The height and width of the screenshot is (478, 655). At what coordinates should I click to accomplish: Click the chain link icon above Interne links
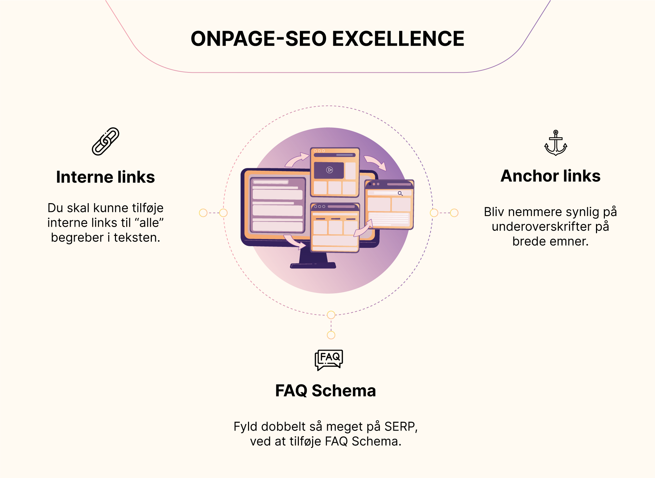click(105, 141)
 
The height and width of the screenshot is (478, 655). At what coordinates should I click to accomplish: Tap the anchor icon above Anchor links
click(556, 143)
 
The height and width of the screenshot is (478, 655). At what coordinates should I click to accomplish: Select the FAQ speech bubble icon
click(329, 360)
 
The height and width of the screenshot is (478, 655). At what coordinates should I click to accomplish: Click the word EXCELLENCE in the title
click(398, 38)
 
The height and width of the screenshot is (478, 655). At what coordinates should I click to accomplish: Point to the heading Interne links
click(105, 177)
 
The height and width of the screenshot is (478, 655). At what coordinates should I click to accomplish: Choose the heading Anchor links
click(550, 176)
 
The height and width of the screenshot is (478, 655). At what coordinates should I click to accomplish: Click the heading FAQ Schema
click(325, 391)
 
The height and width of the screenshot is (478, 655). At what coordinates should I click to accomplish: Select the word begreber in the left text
click(77, 238)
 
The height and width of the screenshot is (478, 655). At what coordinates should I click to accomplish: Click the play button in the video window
click(330, 170)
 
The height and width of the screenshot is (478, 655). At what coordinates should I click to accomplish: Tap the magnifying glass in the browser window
click(400, 194)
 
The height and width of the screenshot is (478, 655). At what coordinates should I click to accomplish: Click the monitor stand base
click(313, 265)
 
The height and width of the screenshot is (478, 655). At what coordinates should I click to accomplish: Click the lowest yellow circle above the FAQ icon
click(331, 335)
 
